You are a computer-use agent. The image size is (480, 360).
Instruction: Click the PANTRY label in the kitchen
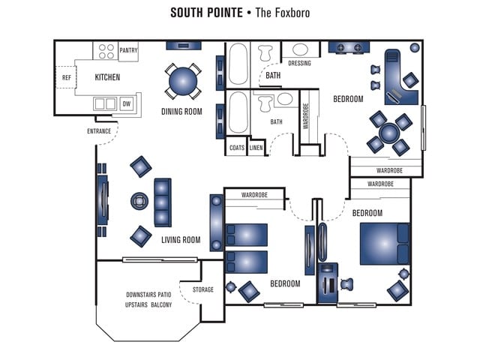(x=128, y=51)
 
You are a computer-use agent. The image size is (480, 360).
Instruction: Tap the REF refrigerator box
(x=67, y=77)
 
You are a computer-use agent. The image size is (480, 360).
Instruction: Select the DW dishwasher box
(x=126, y=103)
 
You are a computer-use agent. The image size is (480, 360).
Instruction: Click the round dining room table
(x=183, y=81)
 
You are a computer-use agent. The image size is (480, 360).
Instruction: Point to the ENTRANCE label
(x=99, y=131)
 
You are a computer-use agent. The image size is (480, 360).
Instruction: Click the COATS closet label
(x=237, y=148)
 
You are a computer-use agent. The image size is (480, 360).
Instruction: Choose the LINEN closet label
(x=256, y=148)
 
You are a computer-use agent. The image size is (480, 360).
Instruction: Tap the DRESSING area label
(x=299, y=63)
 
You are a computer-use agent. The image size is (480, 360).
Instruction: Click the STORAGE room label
(x=202, y=289)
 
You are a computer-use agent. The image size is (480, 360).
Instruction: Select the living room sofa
(x=163, y=202)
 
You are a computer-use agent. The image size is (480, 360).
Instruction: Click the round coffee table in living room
(x=140, y=202)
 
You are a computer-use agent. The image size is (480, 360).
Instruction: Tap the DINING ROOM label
(x=182, y=112)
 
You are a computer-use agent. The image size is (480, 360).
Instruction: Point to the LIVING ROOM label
(x=181, y=240)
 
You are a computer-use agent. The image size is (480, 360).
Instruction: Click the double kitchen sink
(x=105, y=103)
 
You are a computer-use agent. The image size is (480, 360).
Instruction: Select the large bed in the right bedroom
(x=384, y=243)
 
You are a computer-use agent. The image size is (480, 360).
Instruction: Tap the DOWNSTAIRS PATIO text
(x=149, y=294)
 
